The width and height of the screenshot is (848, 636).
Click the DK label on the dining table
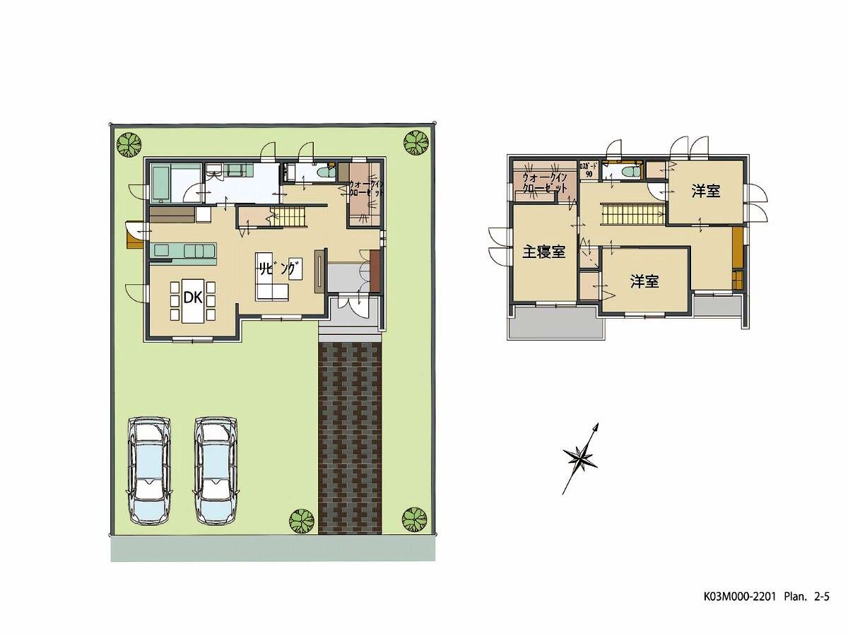click(193, 298)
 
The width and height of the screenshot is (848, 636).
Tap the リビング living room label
click(276, 269)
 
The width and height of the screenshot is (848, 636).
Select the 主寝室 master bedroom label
click(544, 252)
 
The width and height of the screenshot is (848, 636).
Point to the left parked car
click(148, 469)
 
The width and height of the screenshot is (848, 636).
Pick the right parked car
click(216, 469)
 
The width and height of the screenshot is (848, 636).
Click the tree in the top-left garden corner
click(128, 145)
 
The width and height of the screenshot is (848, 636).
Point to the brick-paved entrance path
click(350, 438)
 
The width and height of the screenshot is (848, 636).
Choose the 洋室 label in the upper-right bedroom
click(706, 191)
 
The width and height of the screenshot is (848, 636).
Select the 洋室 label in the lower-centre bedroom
click(644, 281)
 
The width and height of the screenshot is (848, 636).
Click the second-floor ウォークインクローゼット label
click(545, 183)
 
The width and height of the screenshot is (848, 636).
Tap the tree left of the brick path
click(302, 522)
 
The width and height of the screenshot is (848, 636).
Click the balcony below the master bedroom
click(555, 323)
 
